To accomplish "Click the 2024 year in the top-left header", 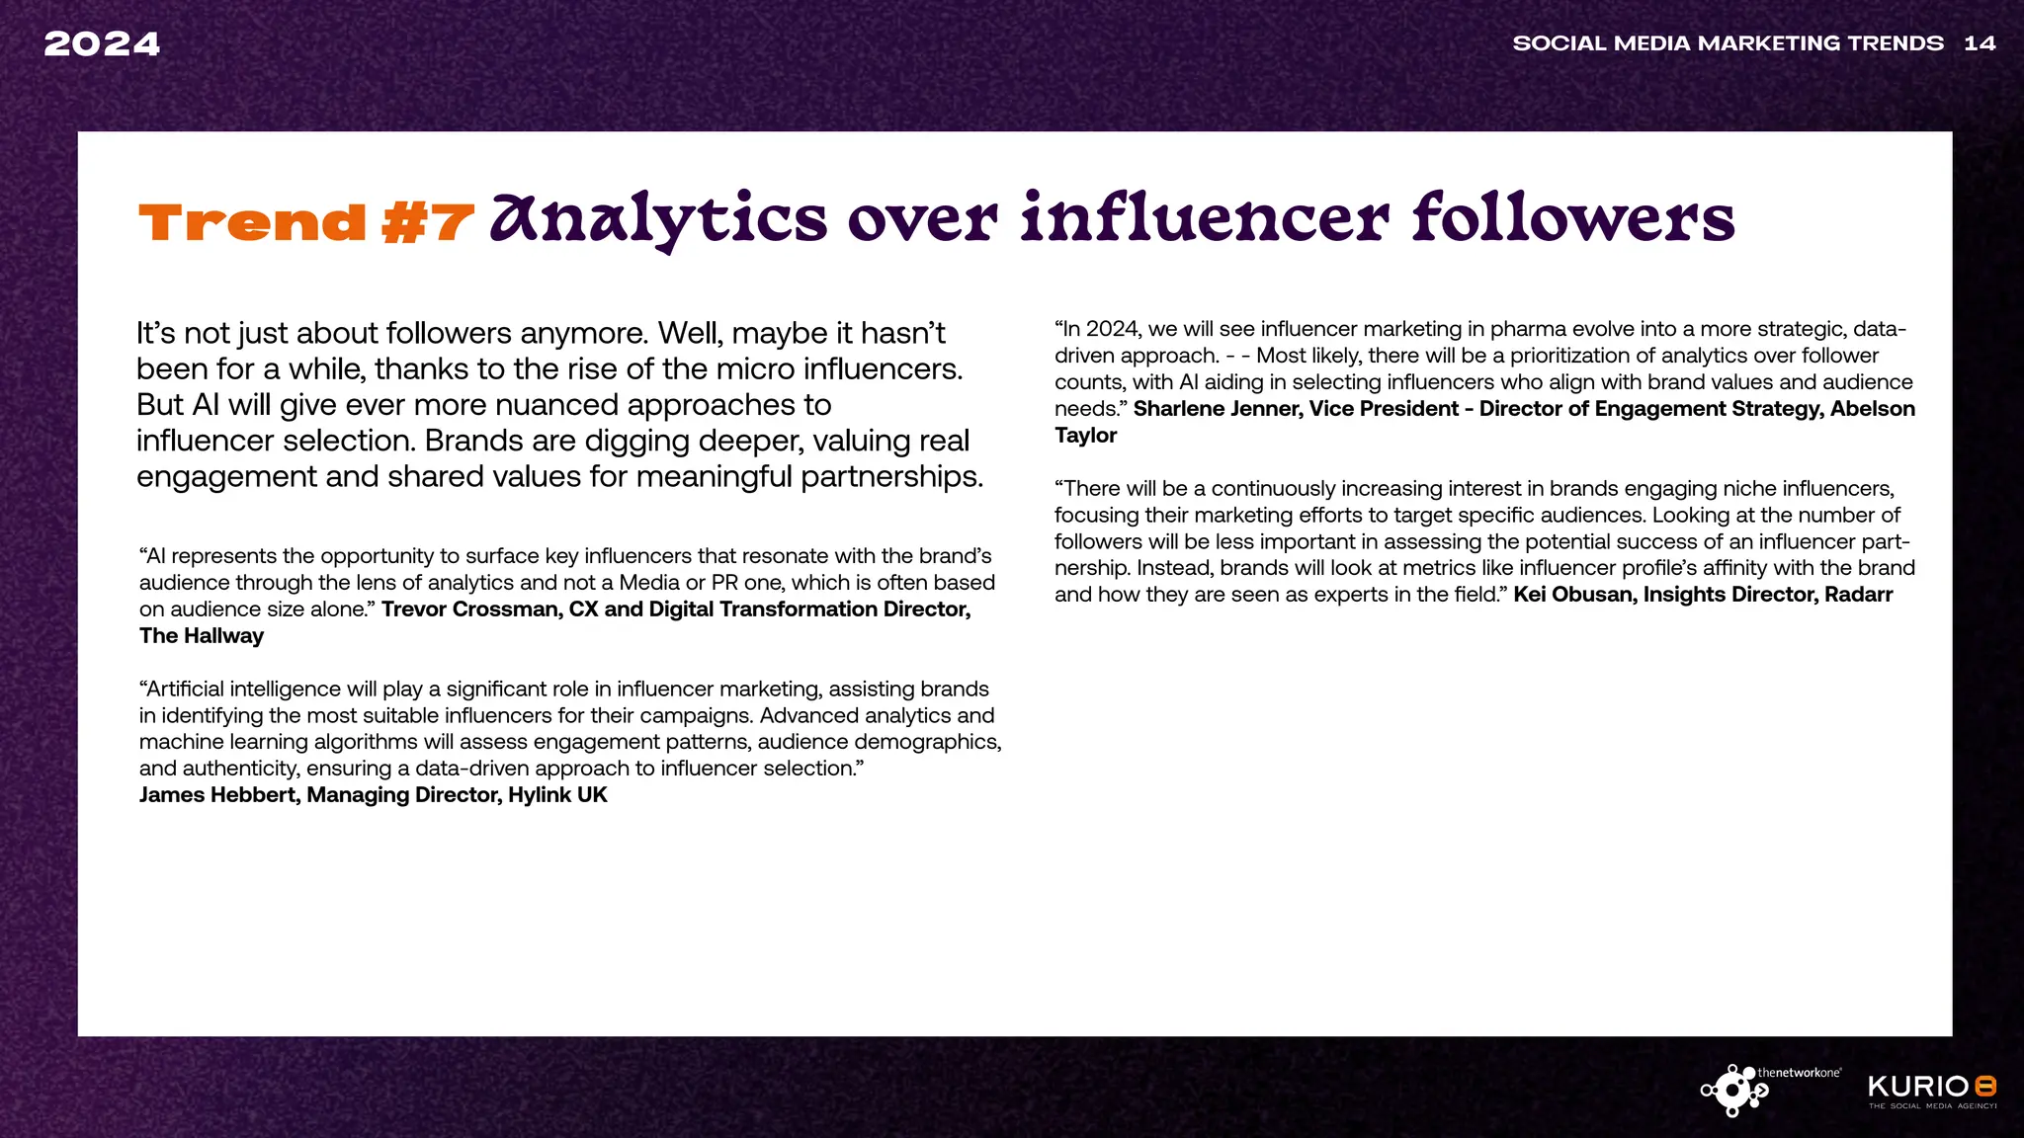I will pyautogui.click(x=102, y=44).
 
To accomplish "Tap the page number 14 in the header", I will pyautogui.click(x=1980, y=43).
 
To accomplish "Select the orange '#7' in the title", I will pyautogui.click(x=427, y=222).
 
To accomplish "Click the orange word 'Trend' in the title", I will pyautogui.click(x=253, y=222).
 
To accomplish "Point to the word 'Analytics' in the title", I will pyautogui.click(x=658, y=219).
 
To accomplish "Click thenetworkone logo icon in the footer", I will pyautogui.click(x=1732, y=1091).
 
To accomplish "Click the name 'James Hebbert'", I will pyautogui.click(x=217, y=795).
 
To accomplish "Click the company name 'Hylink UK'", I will pyautogui.click(x=557, y=795).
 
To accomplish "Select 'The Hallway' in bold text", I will pyautogui.click(x=202, y=636).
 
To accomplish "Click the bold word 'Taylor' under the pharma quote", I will pyautogui.click(x=1085, y=436).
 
